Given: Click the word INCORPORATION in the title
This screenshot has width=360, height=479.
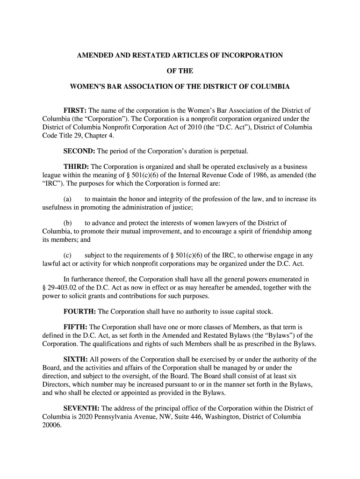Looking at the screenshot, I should (253, 56).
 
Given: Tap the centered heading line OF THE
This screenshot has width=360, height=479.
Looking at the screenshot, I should (180, 71).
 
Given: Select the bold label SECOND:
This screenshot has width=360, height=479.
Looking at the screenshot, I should (79, 152).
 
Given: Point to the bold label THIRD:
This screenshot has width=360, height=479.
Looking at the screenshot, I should (76, 167).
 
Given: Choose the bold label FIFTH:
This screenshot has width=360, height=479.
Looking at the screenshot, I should (76, 327).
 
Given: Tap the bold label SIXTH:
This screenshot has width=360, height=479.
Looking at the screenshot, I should (76, 359).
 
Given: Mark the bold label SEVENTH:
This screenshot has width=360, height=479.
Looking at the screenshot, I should (82, 408).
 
